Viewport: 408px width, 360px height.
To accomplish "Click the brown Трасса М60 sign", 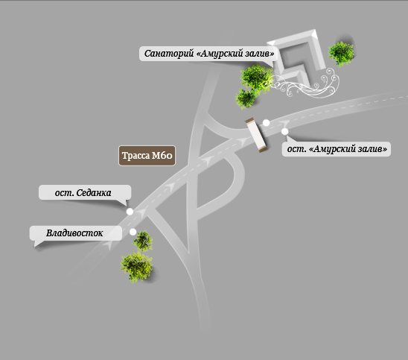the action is (x=147, y=156).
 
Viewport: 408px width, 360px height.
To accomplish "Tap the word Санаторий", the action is (x=169, y=54).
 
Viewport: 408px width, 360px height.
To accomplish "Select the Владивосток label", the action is (x=74, y=233).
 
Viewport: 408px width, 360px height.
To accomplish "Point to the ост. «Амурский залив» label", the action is (x=337, y=149).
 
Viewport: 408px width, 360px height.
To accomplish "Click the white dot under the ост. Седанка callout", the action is (x=130, y=212).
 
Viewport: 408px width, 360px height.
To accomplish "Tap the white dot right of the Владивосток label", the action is (x=133, y=232).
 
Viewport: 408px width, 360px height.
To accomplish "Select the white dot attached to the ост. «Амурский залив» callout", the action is (x=285, y=131).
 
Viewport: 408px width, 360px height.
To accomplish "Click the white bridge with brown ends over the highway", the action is (x=256, y=135).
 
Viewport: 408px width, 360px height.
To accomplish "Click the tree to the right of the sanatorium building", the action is (x=342, y=54).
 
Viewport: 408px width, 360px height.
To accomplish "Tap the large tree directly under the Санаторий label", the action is (x=257, y=78).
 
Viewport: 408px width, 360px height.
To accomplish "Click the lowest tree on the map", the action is (x=136, y=268).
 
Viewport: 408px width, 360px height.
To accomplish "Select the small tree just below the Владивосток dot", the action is (x=143, y=241).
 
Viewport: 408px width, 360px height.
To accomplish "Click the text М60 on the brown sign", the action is (x=162, y=156).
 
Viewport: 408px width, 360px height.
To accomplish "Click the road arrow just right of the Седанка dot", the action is (x=141, y=212).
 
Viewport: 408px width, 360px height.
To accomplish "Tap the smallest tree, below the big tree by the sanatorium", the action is (x=246, y=98).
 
